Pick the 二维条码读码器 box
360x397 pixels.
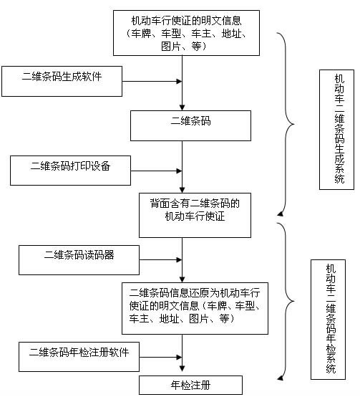tap(79, 259)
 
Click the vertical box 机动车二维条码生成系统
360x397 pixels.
tap(337, 129)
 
